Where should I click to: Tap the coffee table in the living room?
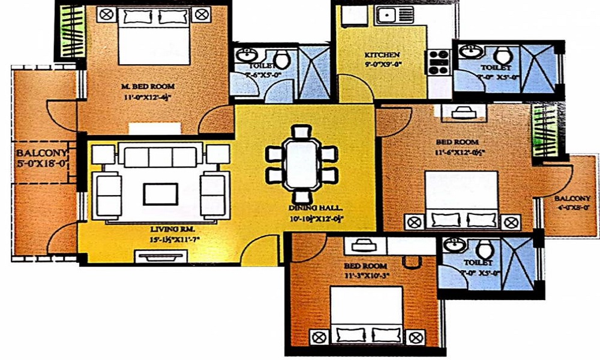tap(160, 194)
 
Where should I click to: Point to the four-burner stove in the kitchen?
tap(439, 62)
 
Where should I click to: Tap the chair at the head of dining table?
tap(301, 131)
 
